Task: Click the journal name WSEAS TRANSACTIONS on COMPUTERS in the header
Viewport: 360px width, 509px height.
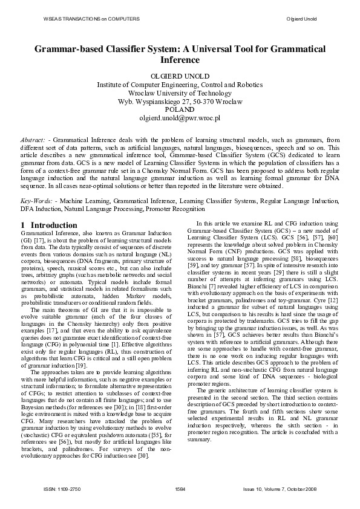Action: (x=92, y=19)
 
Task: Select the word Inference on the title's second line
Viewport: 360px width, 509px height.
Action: (x=180, y=60)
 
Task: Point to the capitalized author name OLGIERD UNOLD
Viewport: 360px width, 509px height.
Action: (x=180, y=76)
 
